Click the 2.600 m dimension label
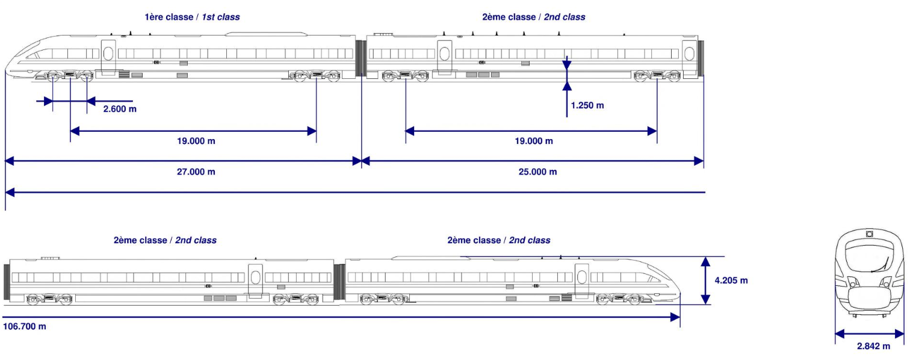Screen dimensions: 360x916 120,109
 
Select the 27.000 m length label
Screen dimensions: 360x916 195,172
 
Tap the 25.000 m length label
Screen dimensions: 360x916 537,172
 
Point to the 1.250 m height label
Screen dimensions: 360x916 587,105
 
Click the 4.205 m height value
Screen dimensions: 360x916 731,281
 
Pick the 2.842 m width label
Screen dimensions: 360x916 873,346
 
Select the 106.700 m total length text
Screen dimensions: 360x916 25,326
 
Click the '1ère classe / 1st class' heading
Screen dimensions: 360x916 192,17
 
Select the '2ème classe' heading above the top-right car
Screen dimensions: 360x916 533,17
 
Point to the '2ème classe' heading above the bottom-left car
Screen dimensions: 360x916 165,240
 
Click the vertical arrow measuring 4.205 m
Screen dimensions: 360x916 706,281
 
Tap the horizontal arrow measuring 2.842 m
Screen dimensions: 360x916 869,334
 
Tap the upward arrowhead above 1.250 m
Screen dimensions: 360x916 566,86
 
